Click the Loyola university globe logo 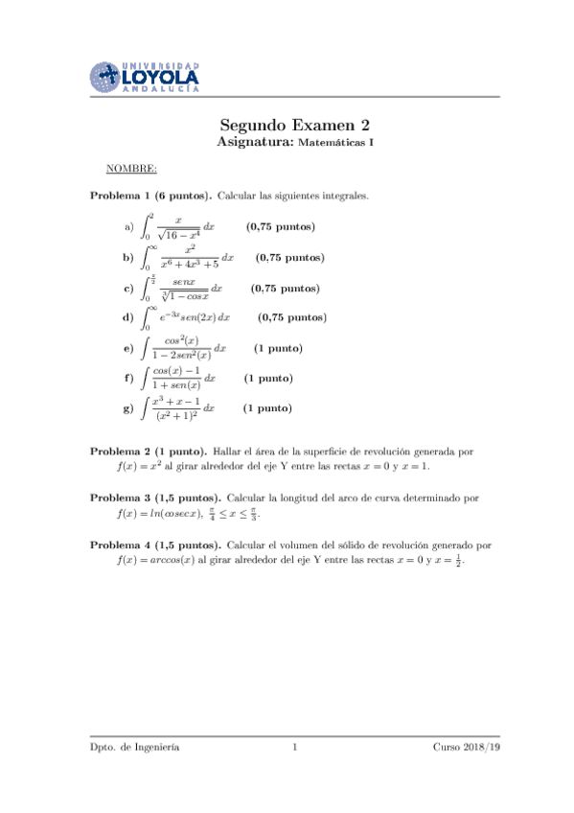[106, 75]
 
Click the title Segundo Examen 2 [294, 125]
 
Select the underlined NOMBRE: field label [131, 169]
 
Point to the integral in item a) [177, 227]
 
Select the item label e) [128, 348]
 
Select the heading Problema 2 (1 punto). [148, 450]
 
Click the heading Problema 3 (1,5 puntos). [155, 498]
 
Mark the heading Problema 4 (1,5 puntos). [155, 545]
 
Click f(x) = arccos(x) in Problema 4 [153, 562]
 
